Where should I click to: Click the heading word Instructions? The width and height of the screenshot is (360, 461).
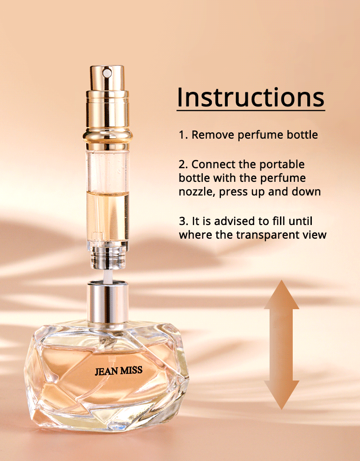click(250, 97)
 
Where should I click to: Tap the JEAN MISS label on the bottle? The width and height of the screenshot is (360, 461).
click(119, 371)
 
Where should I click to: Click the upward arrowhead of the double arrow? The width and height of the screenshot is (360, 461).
click(281, 295)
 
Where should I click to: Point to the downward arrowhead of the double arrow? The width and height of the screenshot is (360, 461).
click(281, 395)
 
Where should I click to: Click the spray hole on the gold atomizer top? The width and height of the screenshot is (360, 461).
click(107, 72)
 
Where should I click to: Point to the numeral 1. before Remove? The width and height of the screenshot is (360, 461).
click(183, 135)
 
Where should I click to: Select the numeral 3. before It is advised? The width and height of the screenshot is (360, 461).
click(184, 221)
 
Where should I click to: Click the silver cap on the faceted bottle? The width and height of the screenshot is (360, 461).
click(108, 301)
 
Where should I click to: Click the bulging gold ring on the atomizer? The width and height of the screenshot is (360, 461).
click(108, 136)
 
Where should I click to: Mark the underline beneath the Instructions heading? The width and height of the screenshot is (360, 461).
click(250, 110)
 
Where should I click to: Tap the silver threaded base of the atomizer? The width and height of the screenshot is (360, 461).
click(108, 257)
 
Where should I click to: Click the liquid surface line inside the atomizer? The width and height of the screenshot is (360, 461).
click(108, 192)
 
